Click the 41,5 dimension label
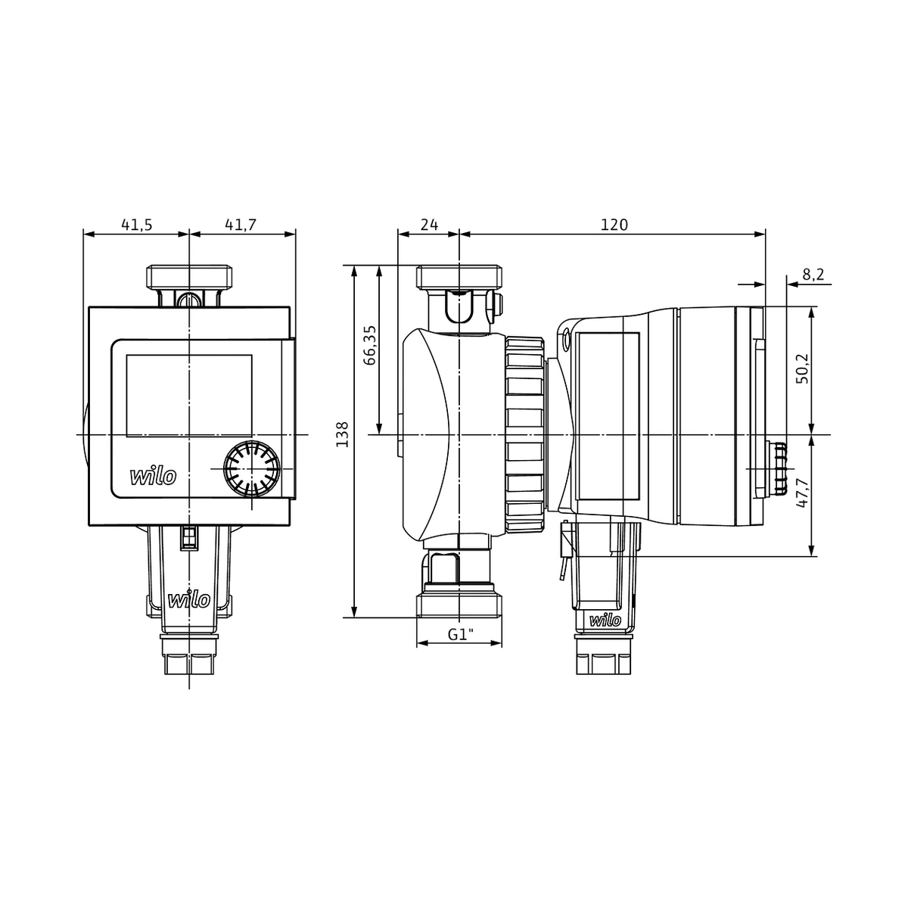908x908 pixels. click(137, 225)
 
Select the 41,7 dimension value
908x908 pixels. click(241, 225)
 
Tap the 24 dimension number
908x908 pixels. click(429, 225)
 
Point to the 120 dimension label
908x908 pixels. click(614, 225)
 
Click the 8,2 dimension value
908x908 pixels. click(813, 274)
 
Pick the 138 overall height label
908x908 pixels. click(342, 434)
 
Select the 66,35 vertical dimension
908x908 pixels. click(370, 345)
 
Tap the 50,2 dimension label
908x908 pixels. click(802, 368)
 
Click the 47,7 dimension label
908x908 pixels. click(802, 493)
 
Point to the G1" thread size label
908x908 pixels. click(460, 634)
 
